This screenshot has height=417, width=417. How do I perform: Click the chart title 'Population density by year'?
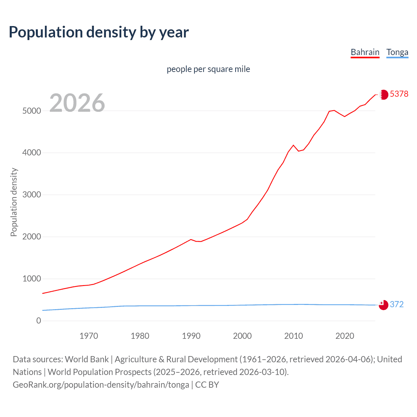(99, 32)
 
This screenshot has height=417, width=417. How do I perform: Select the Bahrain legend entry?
(365, 52)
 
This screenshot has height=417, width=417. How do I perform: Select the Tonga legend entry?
(397, 52)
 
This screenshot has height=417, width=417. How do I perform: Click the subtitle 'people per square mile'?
(208, 69)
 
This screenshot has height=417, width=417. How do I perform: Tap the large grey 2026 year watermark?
(77, 103)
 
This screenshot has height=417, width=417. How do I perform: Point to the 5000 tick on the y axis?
(32, 111)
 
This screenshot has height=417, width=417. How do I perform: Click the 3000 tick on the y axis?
(32, 195)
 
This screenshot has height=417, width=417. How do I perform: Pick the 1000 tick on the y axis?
(32, 279)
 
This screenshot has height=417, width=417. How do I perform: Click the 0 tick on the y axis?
(38, 321)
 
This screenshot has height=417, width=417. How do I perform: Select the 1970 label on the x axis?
(89, 336)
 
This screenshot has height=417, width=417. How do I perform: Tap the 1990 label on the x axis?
(191, 336)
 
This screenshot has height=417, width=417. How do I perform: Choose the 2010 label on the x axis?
(294, 336)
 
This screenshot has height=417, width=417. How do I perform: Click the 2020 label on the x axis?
(345, 336)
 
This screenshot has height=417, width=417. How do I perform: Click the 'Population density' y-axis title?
(14, 202)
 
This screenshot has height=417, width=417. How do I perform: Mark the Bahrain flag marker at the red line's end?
(384, 94)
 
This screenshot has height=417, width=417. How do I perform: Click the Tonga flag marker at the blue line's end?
(383, 305)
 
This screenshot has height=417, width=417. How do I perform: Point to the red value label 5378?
(399, 94)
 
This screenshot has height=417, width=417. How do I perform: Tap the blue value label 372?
(396, 304)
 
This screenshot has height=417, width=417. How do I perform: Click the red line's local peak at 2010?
(293, 145)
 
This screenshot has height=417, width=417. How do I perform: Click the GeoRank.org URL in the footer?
(101, 385)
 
